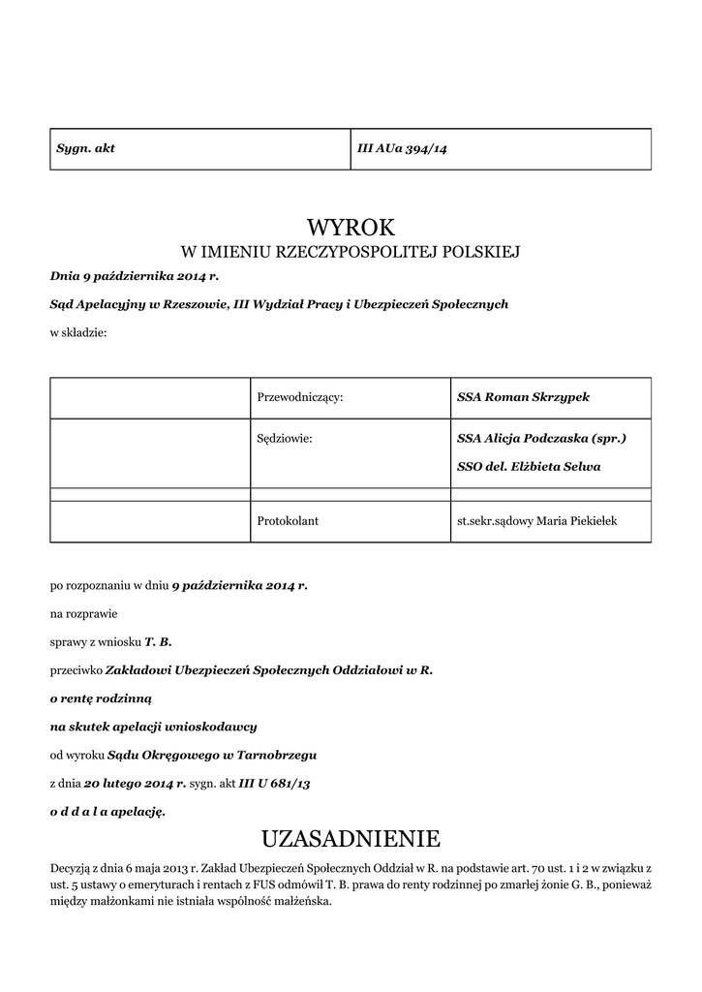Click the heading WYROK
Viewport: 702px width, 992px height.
pyautogui.click(x=351, y=228)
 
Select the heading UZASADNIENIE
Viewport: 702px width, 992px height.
pyautogui.click(x=351, y=837)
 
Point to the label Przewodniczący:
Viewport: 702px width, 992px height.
pyautogui.click(x=300, y=397)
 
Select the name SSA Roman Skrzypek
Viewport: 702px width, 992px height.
pyautogui.click(x=523, y=397)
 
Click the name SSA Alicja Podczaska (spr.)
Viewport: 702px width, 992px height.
pyautogui.click(x=541, y=439)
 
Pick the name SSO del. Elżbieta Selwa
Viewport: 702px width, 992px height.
pyautogui.click(x=529, y=466)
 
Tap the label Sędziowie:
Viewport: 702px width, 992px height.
pyautogui.click(x=285, y=439)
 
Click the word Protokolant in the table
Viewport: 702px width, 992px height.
pyautogui.click(x=288, y=521)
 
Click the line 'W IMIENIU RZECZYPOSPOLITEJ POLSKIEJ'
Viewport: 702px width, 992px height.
pyautogui.click(x=351, y=253)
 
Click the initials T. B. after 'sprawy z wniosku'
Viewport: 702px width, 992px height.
pyautogui.click(x=158, y=641)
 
